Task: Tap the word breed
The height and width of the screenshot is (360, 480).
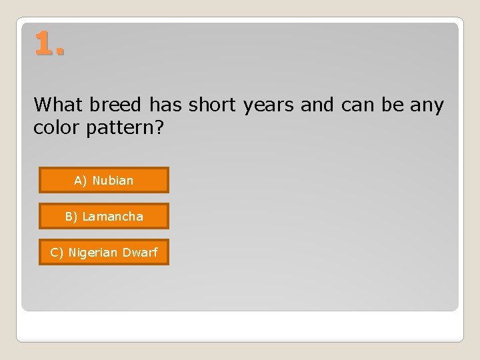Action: pos(116,105)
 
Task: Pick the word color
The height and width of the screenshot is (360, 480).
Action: pos(57,127)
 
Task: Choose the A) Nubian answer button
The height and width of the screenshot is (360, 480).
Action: pos(103,180)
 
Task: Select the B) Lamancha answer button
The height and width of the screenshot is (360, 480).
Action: pos(103,216)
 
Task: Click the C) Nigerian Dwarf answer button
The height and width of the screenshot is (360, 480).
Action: pos(103,252)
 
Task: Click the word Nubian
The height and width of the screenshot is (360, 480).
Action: pos(113,180)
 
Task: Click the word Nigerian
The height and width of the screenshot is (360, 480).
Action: pos(93,252)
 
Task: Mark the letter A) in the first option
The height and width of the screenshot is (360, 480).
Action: pos(81,180)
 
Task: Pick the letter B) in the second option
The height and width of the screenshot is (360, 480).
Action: pos(71,216)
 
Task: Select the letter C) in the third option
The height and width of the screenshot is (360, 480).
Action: pos(57,252)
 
